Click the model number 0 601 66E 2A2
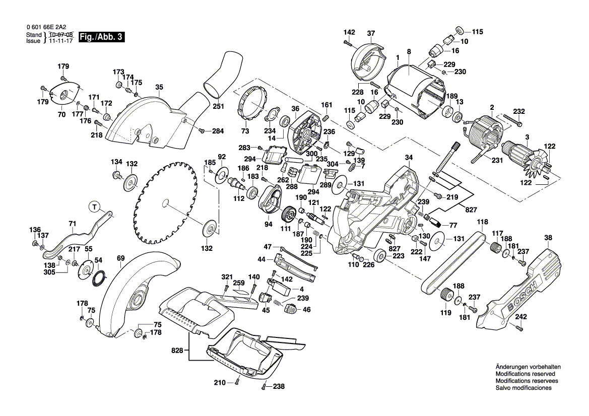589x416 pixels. point(49,28)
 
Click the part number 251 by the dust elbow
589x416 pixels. point(218,106)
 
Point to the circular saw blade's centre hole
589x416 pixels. point(164,202)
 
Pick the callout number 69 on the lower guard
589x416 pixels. point(120,259)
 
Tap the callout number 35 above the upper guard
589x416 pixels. point(159,87)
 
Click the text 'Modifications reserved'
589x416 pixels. point(525,374)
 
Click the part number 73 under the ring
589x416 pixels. point(245,131)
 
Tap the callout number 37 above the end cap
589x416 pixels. point(371,34)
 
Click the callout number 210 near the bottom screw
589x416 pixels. point(220,383)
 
